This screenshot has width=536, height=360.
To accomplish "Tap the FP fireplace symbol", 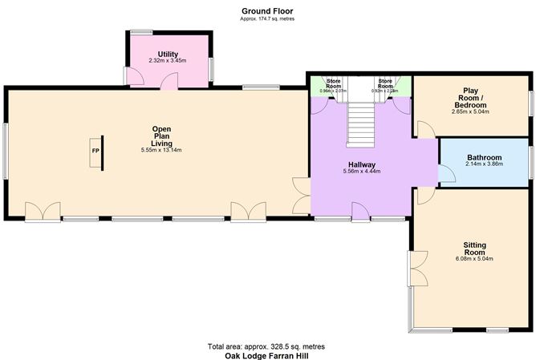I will pos(95,152).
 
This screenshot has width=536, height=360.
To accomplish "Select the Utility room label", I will pos(167,53).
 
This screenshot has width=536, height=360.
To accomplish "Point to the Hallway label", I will pos(362,164).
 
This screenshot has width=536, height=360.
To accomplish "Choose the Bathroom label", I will pos(484,157).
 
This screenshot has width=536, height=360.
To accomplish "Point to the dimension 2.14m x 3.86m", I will pos(484,164).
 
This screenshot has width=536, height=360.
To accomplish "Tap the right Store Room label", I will pos(386,84).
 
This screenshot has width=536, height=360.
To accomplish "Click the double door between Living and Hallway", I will pos(300,196).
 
